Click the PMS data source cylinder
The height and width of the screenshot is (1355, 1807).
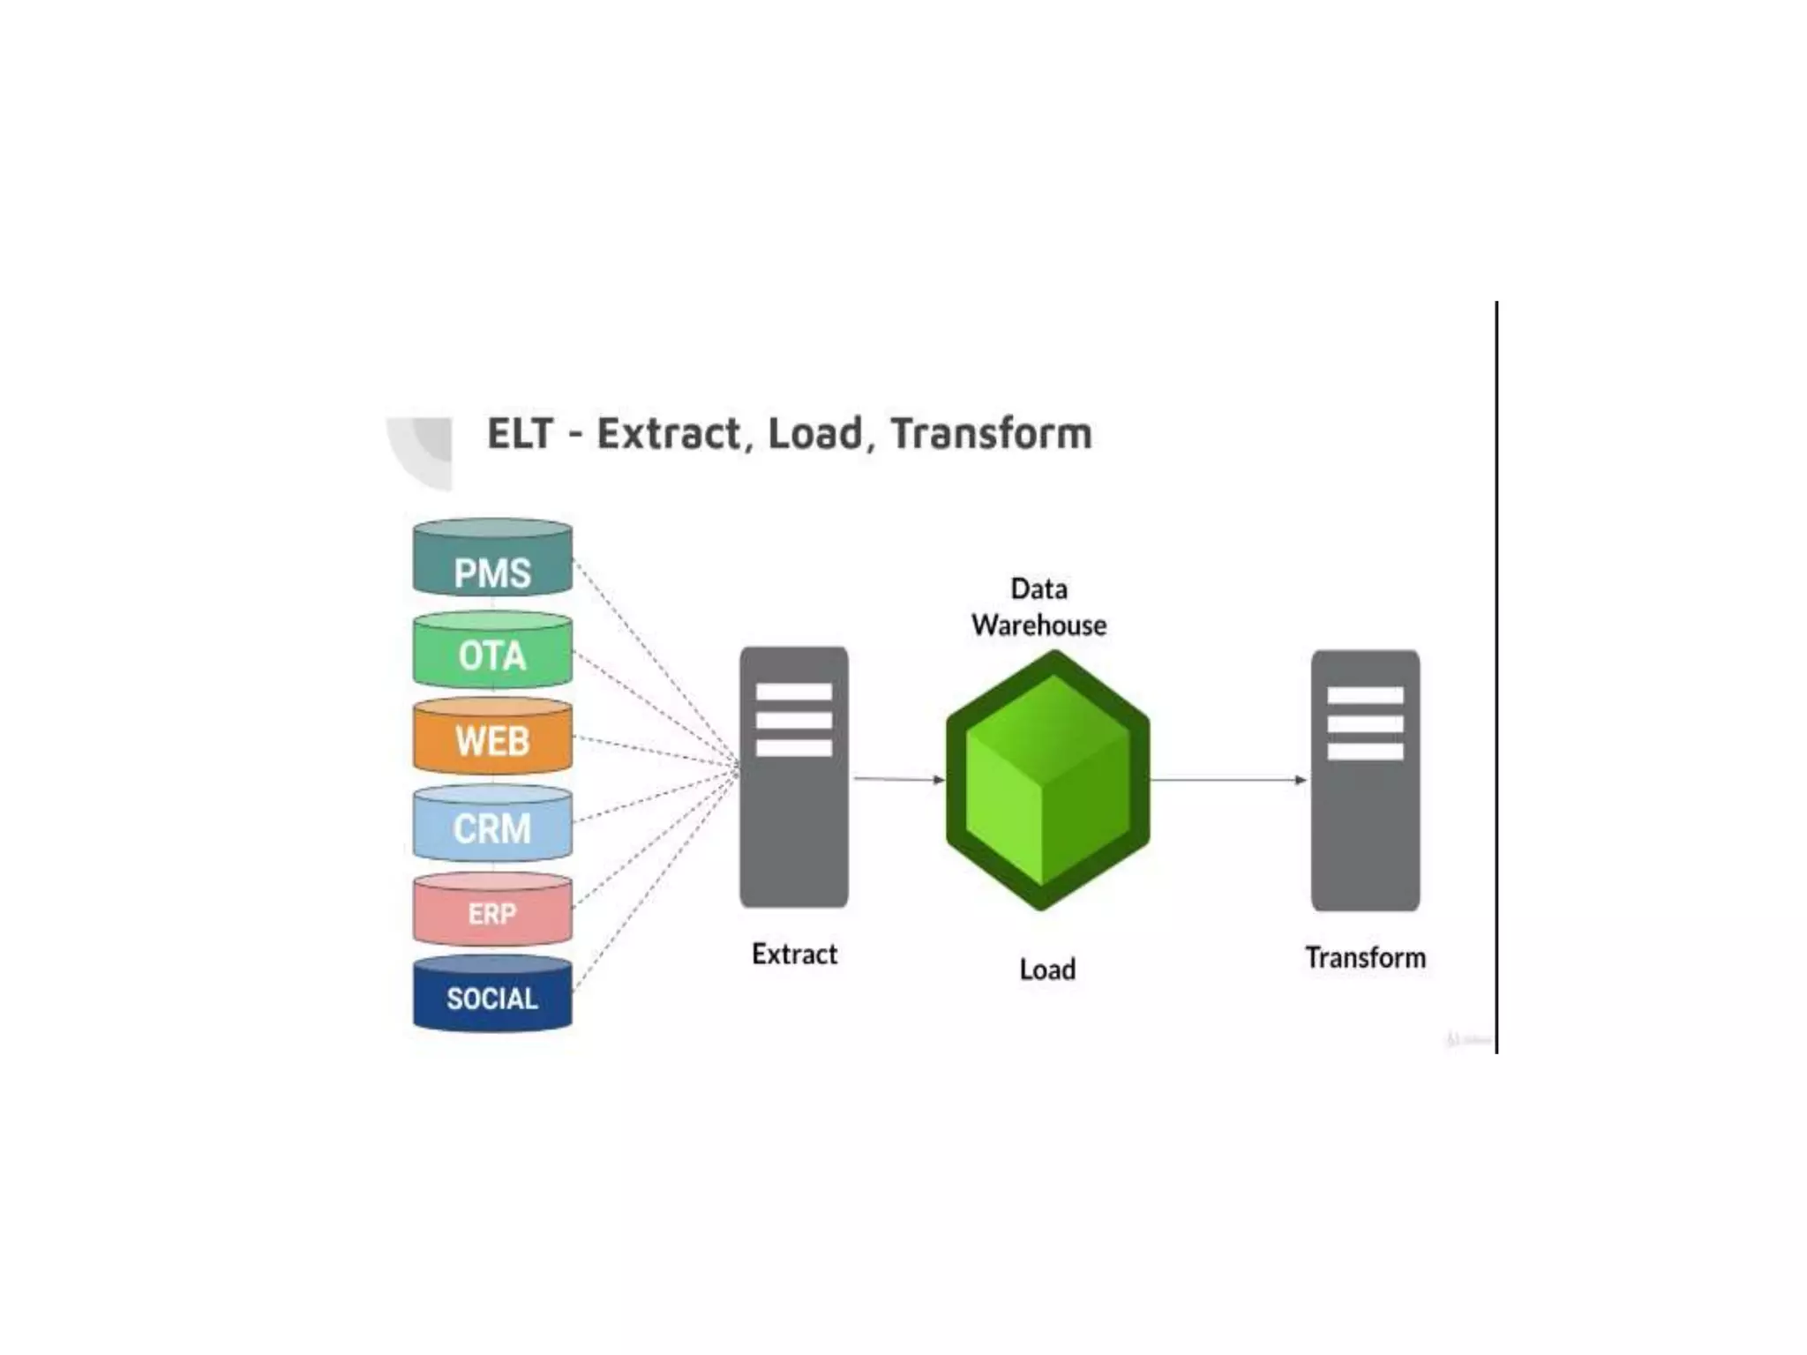(x=492, y=558)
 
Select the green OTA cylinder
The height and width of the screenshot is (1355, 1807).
(x=492, y=651)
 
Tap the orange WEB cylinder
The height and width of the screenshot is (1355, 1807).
(x=492, y=737)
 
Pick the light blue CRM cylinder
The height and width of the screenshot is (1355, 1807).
(x=492, y=824)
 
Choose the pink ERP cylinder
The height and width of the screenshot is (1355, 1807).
(x=492, y=910)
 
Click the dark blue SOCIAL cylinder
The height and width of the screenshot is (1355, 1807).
(x=492, y=994)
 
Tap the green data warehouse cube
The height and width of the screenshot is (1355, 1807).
(x=1047, y=781)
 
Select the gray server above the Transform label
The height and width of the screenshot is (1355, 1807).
(x=1365, y=781)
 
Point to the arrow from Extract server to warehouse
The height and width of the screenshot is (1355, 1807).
(x=897, y=779)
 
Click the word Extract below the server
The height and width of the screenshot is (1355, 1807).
(x=794, y=954)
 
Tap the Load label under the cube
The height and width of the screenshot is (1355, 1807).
(x=1047, y=969)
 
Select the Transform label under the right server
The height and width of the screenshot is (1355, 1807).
(x=1365, y=958)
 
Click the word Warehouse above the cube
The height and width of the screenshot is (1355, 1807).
(x=1039, y=625)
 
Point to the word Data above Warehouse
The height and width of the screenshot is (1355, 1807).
(x=1038, y=588)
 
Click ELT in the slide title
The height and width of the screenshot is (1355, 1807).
(x=521, y=434)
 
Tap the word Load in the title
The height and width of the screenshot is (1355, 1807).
(x=814, y=434)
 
